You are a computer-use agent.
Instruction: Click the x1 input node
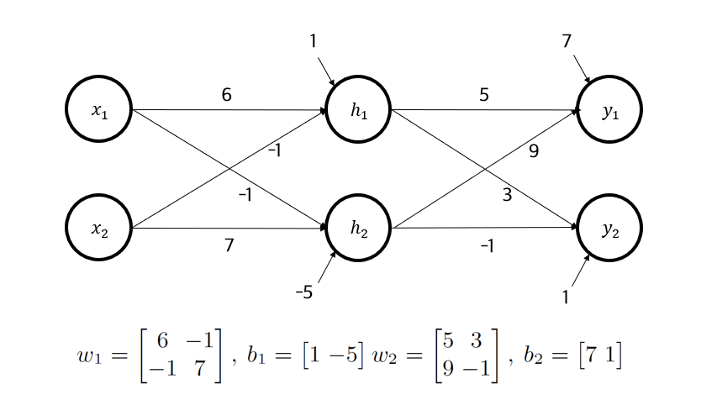tap(100, 110)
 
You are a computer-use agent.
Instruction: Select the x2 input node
tap(100, 228)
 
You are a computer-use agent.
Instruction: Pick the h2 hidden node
tap(357, 228)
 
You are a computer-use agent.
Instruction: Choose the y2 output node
tap(609, 228)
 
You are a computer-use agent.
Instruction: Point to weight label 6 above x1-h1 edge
tap(226, 96)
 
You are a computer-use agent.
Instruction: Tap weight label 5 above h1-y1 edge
tap(483, 96)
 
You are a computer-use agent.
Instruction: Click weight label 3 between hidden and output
tap(506, 196)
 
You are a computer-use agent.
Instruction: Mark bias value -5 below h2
tap(303, 292)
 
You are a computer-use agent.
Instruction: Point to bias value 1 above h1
tap(314, 41)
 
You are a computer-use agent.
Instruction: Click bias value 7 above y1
tap(567, 41)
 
